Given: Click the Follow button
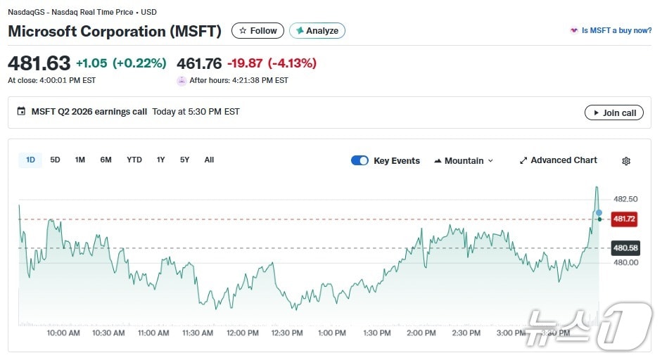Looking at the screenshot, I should [x=257, y=31].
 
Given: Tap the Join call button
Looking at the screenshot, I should [x=613, y=112].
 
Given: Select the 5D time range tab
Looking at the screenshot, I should [x=55, y=160].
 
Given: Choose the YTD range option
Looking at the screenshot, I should [x=134, y=160].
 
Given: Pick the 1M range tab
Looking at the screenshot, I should [x=80, y=160].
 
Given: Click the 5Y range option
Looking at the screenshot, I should [x=184, y=160].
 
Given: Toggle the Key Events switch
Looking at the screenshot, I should [x=359, y=160].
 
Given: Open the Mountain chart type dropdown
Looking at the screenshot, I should [x=464, y=160].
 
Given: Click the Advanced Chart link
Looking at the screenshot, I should [x=558, y=160].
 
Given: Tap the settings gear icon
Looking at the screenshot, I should [x=626, y=161].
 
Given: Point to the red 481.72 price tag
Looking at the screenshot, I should [x=624, y=219].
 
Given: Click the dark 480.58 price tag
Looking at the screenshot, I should [x=625, y=247].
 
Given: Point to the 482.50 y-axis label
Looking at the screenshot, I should [x=625, y=199].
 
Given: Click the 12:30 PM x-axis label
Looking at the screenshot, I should [x=286, y=333].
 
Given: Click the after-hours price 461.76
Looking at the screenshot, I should [x=199, y=63].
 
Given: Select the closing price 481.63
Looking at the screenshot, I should [x=39, y=63].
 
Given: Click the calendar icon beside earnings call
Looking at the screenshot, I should [x=21, y=112].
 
